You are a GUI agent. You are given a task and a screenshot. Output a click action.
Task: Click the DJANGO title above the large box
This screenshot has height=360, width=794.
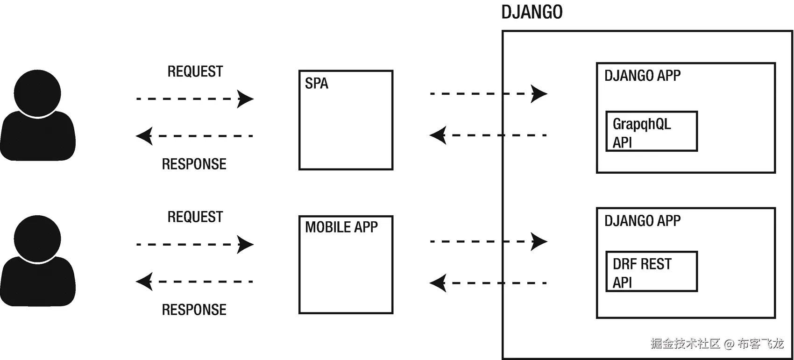pos(532,13)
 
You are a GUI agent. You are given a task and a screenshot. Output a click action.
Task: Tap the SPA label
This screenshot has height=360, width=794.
pos(316,84)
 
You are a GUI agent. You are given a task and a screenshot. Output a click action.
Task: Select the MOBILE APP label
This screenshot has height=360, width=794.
pos(341,227)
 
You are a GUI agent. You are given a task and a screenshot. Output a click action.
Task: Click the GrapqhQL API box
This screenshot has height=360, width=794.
pos(651,132)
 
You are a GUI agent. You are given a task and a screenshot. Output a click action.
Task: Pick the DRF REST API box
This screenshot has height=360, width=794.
pos(651,272)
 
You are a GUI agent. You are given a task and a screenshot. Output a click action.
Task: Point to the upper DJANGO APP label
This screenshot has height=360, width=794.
pos(642,76)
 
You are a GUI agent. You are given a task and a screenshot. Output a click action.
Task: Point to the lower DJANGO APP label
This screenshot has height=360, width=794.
pos(642,221)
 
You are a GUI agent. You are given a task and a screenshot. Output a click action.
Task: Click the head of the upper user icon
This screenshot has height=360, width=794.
pos(37,92)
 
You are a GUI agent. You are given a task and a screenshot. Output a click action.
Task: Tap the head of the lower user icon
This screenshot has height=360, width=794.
pos(37,238)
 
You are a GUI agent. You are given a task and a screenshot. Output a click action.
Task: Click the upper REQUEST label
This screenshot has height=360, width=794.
pos(195,71)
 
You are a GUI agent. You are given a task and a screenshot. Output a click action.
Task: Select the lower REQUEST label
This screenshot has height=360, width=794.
pos(195,217)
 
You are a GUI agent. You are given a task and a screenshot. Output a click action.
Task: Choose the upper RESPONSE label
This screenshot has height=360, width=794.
pos(194,164)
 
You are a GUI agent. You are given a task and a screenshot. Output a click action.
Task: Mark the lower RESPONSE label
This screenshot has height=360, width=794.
pos(194,310)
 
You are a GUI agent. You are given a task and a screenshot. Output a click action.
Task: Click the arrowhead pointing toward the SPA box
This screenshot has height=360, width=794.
pos(245,99)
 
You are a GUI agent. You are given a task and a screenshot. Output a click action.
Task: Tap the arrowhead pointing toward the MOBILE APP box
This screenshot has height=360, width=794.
pos(245,245)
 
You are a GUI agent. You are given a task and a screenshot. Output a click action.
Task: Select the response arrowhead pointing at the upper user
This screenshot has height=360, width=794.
pos(144,136)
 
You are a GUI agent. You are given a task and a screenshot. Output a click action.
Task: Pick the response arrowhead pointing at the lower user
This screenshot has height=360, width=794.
pos(144,282)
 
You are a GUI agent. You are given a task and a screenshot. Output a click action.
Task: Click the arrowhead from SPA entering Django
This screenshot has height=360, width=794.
pos(539,94)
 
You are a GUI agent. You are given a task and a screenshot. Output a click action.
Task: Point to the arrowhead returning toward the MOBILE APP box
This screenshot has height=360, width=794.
pos(438,283)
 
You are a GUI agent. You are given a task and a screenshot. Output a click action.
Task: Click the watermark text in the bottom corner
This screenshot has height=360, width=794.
pos(716,344)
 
